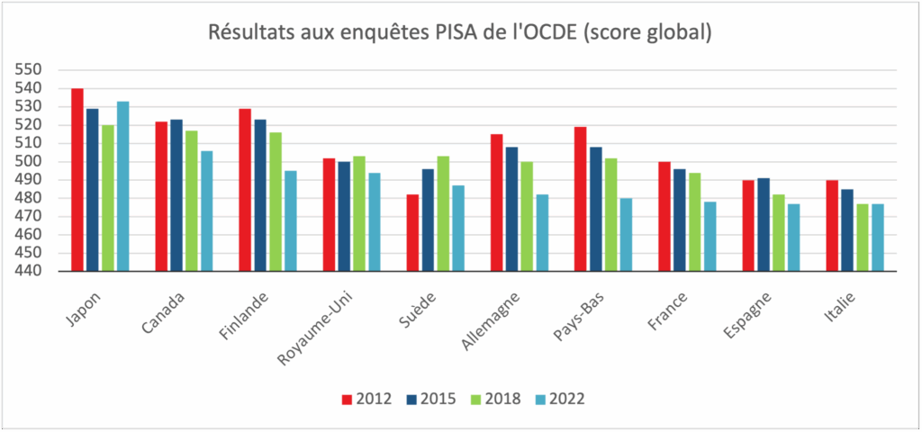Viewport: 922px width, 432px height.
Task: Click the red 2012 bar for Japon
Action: point(77,180)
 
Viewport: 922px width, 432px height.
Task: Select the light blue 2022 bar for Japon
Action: point(122,186)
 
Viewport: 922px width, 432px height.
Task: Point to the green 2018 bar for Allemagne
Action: point(527,216)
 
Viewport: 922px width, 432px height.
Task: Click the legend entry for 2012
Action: point(367,399)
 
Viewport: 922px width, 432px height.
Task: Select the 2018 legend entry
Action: point(495,399)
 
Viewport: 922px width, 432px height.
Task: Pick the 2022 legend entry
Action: point(560,399)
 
